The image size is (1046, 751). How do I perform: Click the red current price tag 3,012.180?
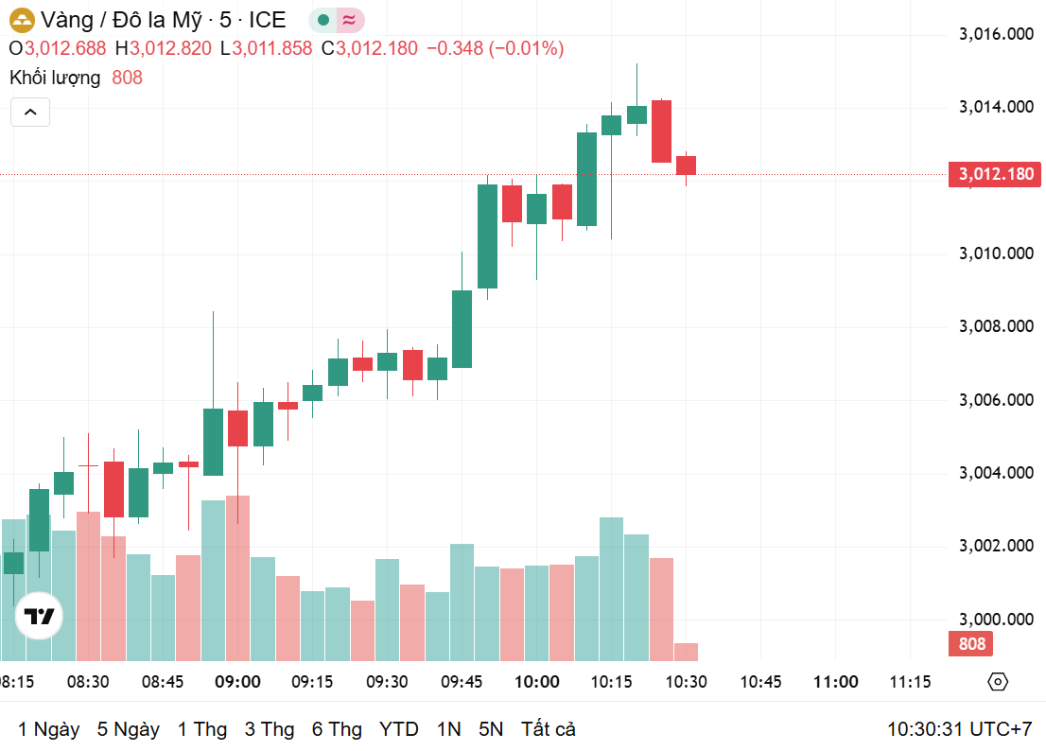[995, 174]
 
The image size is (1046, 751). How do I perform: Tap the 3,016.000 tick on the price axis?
[995, 34]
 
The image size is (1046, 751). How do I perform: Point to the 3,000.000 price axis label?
[995, 619]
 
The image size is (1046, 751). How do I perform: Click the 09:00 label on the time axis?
[237, 682]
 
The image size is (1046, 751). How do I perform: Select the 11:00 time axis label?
[836, 682]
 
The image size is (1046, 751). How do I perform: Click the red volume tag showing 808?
[971, 644]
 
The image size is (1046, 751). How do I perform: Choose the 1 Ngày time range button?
[48, 729]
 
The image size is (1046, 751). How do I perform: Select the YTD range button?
[398, 729]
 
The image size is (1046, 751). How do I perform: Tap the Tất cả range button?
[548, 729]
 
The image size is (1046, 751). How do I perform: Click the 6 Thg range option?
[337, 729]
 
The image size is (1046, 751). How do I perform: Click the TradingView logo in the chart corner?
[40, 618]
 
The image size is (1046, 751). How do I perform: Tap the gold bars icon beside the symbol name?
[21, 20]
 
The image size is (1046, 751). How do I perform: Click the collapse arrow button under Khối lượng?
[30, 113]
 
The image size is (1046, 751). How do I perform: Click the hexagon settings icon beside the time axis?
[998, 682]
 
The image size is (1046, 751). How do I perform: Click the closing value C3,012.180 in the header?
[369, 48]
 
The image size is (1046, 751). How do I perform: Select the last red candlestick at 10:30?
[686, 166]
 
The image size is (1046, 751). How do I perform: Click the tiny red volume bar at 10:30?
[686, 652]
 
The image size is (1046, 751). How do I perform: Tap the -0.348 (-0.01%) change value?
[495, 48]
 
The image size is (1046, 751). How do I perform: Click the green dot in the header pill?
[324, 20]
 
